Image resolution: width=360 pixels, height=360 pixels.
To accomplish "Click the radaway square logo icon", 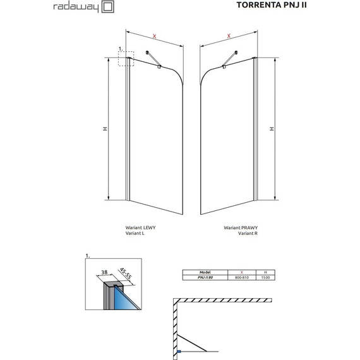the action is (x=107, y=7).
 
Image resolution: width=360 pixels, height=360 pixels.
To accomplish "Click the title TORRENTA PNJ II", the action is (x=272, y=5).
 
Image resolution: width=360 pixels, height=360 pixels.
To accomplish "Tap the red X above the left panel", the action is (x=155, y=36).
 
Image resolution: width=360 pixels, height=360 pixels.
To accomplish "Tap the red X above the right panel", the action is (x=229, y=36).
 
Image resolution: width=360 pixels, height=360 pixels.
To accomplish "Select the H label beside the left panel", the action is (x=105, y=129).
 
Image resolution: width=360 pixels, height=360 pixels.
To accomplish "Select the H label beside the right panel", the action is (x=272, y=129).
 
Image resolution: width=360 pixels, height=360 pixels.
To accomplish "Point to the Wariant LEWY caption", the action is (x=140, y=227).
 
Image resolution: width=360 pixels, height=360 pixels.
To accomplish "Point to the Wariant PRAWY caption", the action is (x=241, y=227).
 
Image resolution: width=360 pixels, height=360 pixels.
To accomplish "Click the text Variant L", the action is (x=135, y=233).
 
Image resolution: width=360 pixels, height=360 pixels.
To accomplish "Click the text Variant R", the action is (x=248, y=233).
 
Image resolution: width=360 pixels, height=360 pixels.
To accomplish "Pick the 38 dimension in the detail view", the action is (x=104, y=272).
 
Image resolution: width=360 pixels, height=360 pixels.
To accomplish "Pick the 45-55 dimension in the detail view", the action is (x=125, y=273).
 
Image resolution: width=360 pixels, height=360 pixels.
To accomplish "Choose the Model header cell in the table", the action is (x=205, y=272).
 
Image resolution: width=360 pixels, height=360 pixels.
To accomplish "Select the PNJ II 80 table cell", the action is (x=205, y=277).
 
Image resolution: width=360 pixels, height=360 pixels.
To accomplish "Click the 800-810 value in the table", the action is (x=242, y=277).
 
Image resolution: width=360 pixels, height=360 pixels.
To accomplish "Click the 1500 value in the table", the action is (x=265, y=277).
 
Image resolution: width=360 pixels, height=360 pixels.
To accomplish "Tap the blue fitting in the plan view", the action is (x=179, y=351).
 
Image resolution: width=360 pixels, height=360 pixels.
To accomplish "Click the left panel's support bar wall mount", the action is (x=147, y=52).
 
